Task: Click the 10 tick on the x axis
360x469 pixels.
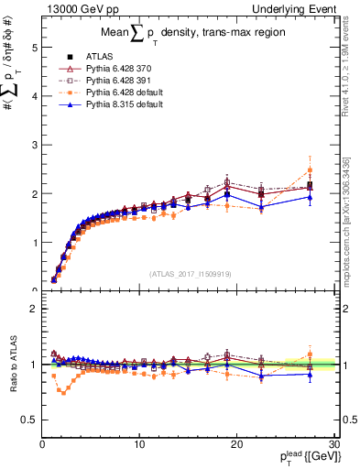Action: tap(139, 444)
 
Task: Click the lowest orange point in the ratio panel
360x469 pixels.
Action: tap(63, 392)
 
